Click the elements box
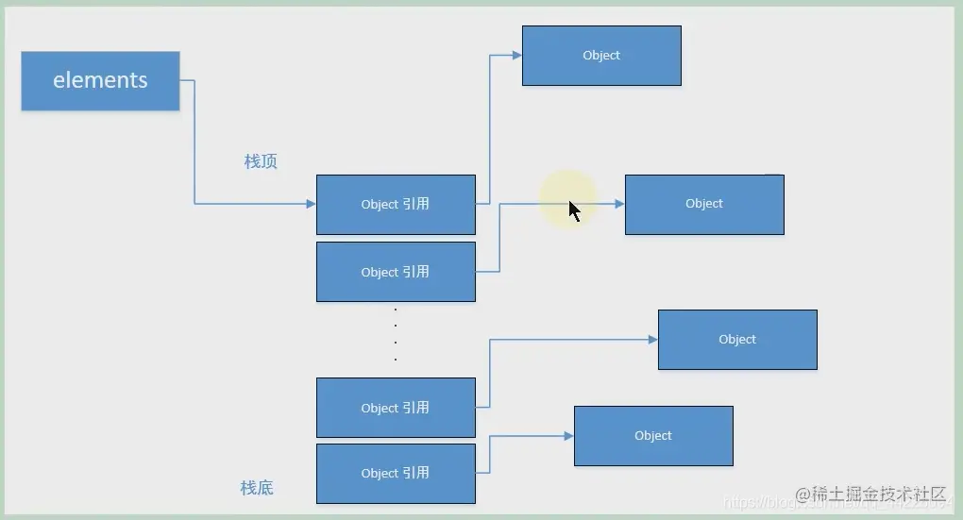(x=100, y=81)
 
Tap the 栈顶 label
(x=261, y=161)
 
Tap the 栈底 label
(x=257, y=488)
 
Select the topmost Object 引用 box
(x=396, y=204)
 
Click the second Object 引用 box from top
(x=396, y=272)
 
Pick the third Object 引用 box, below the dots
(x=396, y=408)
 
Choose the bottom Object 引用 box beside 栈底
(x=396, y=473)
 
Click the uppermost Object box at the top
(x=601, y=56)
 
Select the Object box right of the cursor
(x=704, y=204)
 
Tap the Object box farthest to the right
(x=737, y=340)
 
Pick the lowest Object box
(x=653, y=436)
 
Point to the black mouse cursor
(x=574, y=210)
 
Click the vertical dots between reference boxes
(x=396, y=334)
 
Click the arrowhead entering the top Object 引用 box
(x=311, y=203)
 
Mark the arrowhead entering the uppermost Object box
(x=516, y=56)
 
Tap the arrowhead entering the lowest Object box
(x=568, y=436)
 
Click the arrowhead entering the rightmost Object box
(x=652, y=340)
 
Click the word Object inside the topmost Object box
(x=601, y=56)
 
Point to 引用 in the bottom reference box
(x=415, y=473)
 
